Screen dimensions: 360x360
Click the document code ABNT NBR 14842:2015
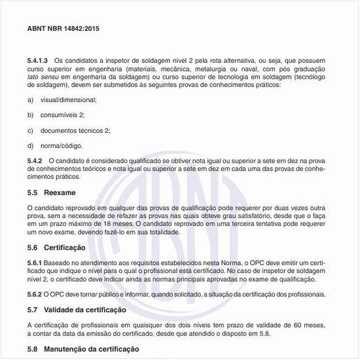click(63, 29)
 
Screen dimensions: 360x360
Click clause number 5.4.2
click(35, 160)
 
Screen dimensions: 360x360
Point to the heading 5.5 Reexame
click(52, 193)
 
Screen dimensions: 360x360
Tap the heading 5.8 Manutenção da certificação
click(82, 349)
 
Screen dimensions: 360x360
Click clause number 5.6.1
click(35, 262)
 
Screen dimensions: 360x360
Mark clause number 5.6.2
click(35, 294)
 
